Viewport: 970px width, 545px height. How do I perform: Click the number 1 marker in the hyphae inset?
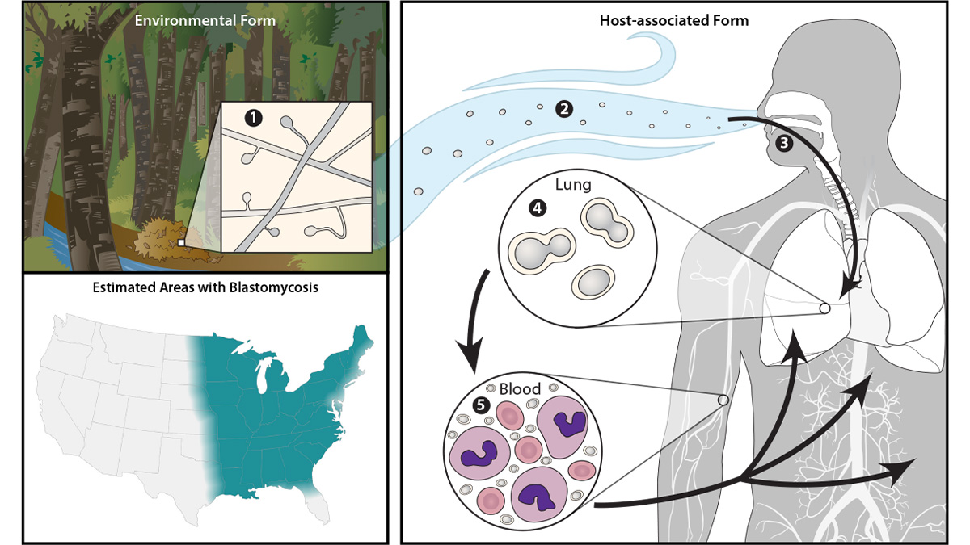click(255, 118)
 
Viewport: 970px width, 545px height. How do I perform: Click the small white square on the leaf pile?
click(183, 241)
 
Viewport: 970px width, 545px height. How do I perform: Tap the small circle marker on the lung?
click(824, 308)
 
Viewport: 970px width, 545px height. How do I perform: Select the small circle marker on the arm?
click(723, 400)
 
